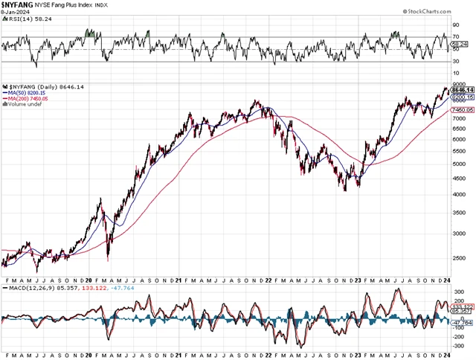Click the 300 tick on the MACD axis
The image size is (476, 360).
(x=457, y=292)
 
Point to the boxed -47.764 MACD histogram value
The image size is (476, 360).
(x=462, y=322)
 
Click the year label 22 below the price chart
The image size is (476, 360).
(x=268, y=280)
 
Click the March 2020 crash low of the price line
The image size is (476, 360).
(x=109, y=260)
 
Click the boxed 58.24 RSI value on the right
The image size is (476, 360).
(x=460, y=45)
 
